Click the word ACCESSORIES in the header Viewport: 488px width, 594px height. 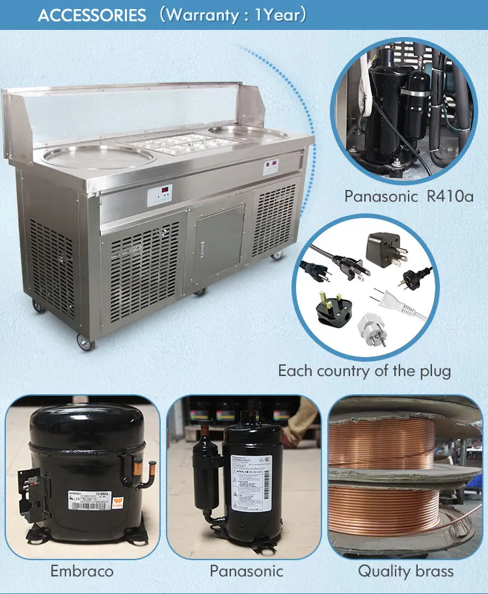click(x=92, y=15)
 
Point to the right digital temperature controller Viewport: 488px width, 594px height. click(x=272, y=167)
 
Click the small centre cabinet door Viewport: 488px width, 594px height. click(x=219, y=237)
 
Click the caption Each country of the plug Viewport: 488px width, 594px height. click(x=364, y=371)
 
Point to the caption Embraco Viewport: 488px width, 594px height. click(x=82, y=571)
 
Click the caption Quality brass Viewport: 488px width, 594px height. click(x=405, y=571)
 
